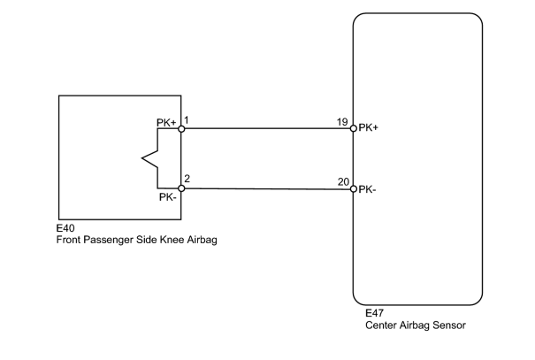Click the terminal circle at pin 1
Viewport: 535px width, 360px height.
click(181, 128)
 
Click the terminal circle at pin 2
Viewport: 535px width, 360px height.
click(181, 188)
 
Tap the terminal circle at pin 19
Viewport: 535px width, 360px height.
click(354, 128)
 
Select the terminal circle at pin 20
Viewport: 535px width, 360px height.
click(354, 189)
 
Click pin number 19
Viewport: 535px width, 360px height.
click(342, 122)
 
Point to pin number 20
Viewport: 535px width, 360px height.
click(344, 182)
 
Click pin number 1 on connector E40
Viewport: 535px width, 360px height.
click(187, 120)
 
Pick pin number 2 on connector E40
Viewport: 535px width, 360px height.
click(187, 179)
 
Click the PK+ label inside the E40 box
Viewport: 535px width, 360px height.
click(166, 122)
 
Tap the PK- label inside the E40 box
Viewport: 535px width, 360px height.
click(167, 197)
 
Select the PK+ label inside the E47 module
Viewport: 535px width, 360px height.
click(369, 127)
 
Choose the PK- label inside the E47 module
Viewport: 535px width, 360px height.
click(367, 189)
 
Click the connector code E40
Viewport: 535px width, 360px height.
click(65, 228)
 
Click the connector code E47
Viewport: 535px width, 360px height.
click(374, 313)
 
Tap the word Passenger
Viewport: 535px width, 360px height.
click(108, 240)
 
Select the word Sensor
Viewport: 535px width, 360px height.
click(449, 325)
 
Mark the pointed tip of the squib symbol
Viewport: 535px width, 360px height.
click(142, 158)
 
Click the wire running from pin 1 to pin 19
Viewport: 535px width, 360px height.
click(267, 128)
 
